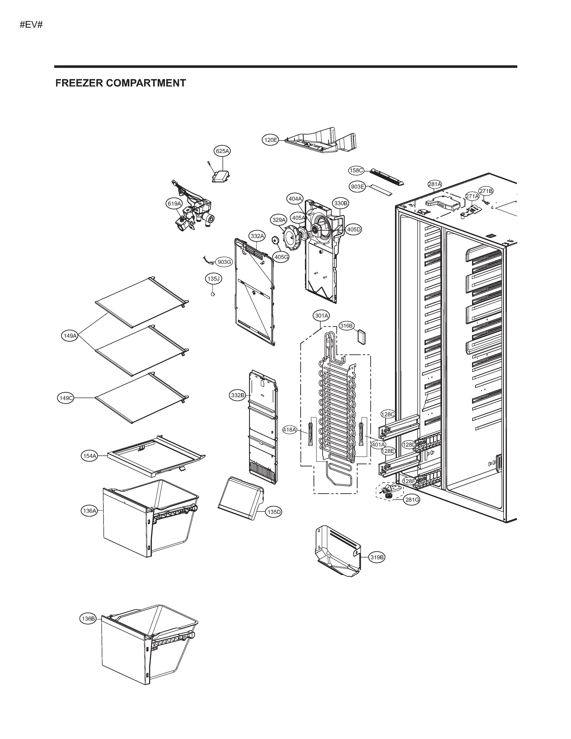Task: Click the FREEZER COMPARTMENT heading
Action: click(x=120, y=83)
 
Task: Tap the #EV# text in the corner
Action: click(x=31, y=25)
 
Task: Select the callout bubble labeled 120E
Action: click(x=271, y=140)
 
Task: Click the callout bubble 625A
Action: click(x=222, y=151)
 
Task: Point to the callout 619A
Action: click(x=174, y=203)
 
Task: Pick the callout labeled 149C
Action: click(x=66, y=398)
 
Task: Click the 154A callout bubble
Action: click(x=90, y=456)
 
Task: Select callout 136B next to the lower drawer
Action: click(x=88, y=619)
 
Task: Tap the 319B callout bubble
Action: click(x=377, y=557)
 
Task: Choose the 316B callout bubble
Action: click(x=346, y=325)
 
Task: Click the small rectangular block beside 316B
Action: click(x=362, y=337)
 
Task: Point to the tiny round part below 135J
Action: click(x=213, y=294)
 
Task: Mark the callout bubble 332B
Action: click(x=237, y=395)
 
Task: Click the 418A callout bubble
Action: click(x=290, y=430)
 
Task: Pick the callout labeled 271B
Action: click(x=486, y=191)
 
